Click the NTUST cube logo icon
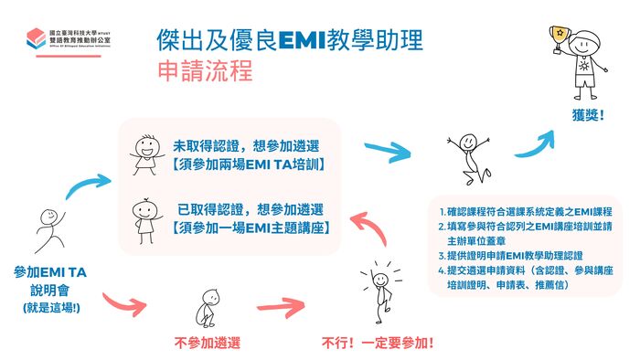tap(36, 37)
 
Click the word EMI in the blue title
tap(303, 40)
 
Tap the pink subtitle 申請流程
tap(206, 70)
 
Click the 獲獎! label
tap(588, 115)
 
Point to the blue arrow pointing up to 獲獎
tap(537, 144)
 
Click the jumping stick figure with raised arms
tap(469, 158)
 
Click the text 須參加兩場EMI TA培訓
tap(249, 164)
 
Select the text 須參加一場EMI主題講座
tap(251, 228)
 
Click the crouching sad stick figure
tap(208, 308)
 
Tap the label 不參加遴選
tap(208, 343)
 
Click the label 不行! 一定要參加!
tap(378, 343)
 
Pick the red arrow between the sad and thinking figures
tap(282, 307)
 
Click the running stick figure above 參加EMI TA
tap(50, 230)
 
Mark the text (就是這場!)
tap(51, 308)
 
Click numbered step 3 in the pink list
tap(510, 256)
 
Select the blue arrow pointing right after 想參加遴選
tap(388, 152)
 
